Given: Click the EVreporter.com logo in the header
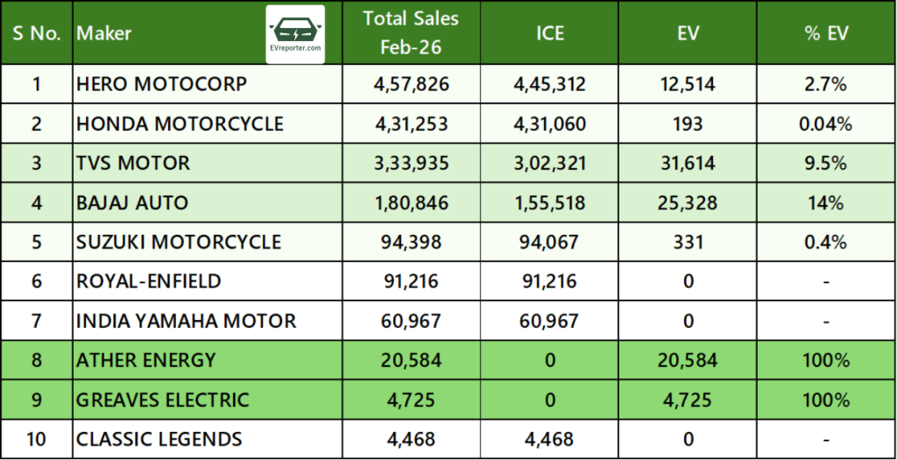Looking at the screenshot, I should pos(294,33).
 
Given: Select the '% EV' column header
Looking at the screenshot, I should pos(826,33).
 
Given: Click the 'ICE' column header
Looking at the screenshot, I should pos(550,33).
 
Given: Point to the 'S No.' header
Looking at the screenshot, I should pos(36,33).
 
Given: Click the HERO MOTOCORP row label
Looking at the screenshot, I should pos(161,84).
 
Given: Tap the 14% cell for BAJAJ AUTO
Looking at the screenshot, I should pos(826,202).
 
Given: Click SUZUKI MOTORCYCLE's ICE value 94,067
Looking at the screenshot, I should pos(550,242).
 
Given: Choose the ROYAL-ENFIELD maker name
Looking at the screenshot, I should pos(149,281).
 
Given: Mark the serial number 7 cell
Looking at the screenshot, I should pos(36,321).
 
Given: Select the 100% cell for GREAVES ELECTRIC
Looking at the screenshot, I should pos(826,400).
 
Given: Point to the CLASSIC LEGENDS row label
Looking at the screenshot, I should pos(159,438).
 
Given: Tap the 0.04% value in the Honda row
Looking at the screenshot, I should pos(826,124).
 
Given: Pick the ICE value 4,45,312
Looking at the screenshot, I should pos(550,84).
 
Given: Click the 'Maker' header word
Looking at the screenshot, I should pos(104,33).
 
